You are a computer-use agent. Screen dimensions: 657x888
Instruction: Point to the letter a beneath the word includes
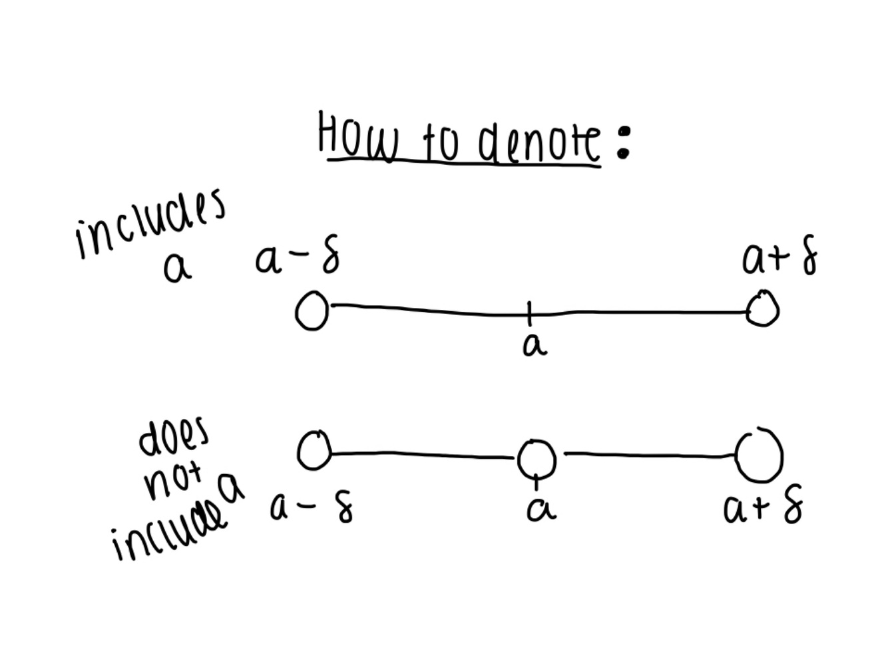pos(177,267)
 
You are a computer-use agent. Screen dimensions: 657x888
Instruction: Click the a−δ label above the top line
pos(297,258)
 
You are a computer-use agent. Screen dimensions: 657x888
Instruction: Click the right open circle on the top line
pos(763,310)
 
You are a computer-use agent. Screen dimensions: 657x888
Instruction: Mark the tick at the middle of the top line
pos(530,313)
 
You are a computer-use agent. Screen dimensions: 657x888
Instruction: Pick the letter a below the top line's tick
pos(535,345)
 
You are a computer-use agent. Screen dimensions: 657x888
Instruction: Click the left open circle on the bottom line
pos(314,450)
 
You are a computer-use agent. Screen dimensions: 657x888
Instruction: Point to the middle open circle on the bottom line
pos(537,458)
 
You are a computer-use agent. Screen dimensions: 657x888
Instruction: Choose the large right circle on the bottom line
pos(760,455)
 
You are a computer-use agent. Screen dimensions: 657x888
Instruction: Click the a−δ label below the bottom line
pos(312,509)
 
